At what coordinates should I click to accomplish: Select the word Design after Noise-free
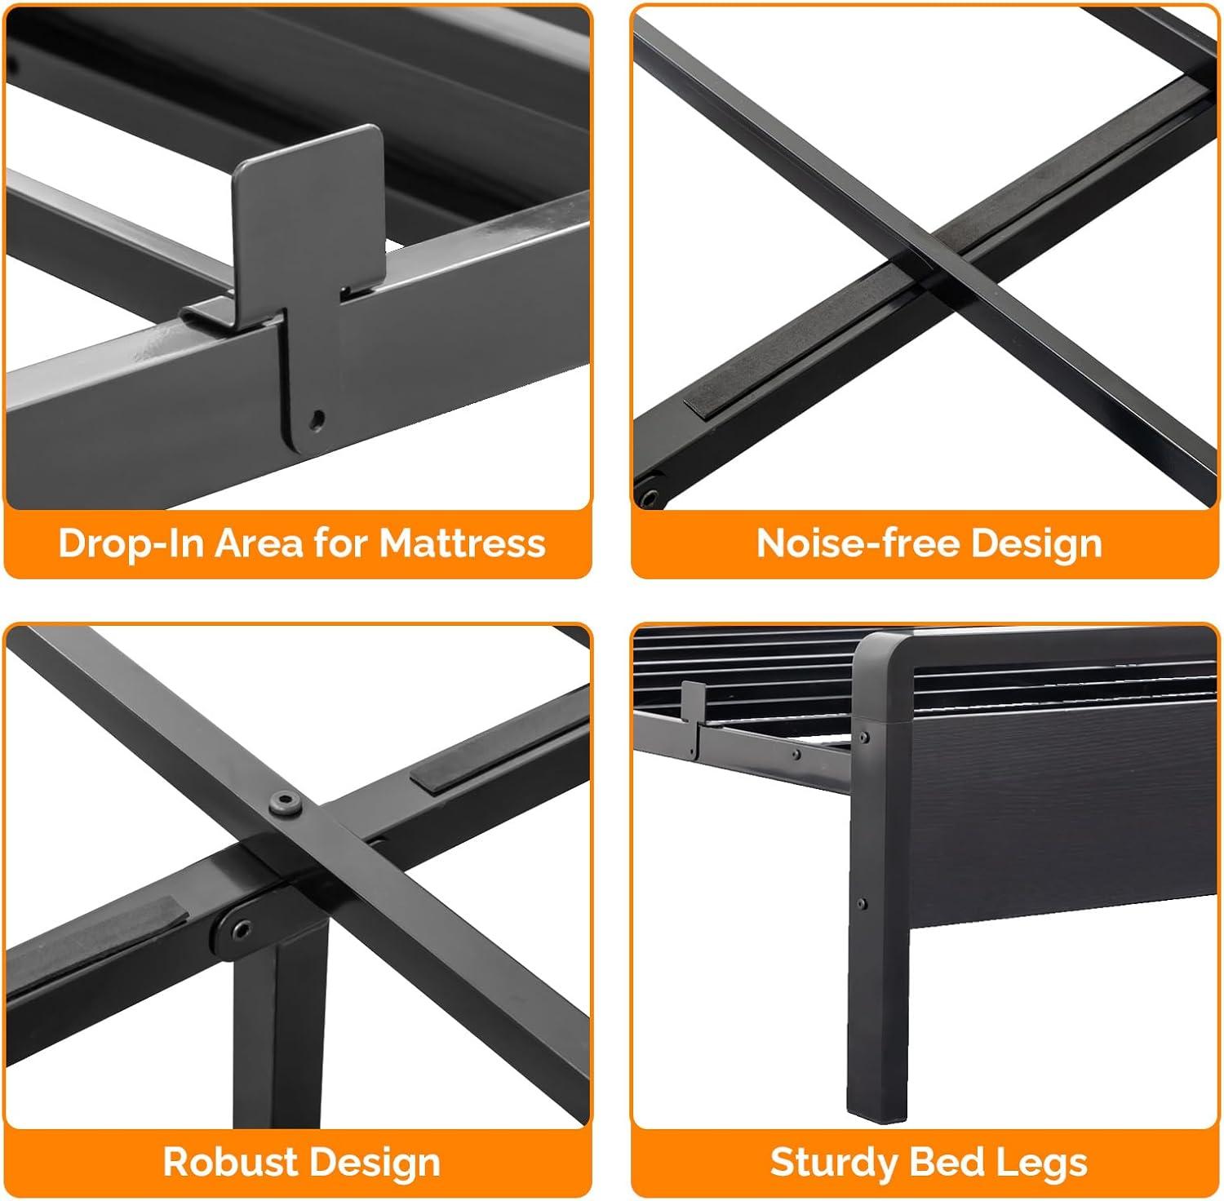coord(1036,543)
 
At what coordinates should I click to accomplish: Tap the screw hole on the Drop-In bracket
coord(317,419)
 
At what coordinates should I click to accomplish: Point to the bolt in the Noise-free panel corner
coord(651,496)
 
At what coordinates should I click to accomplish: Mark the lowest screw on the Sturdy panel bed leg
coord(863,903)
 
